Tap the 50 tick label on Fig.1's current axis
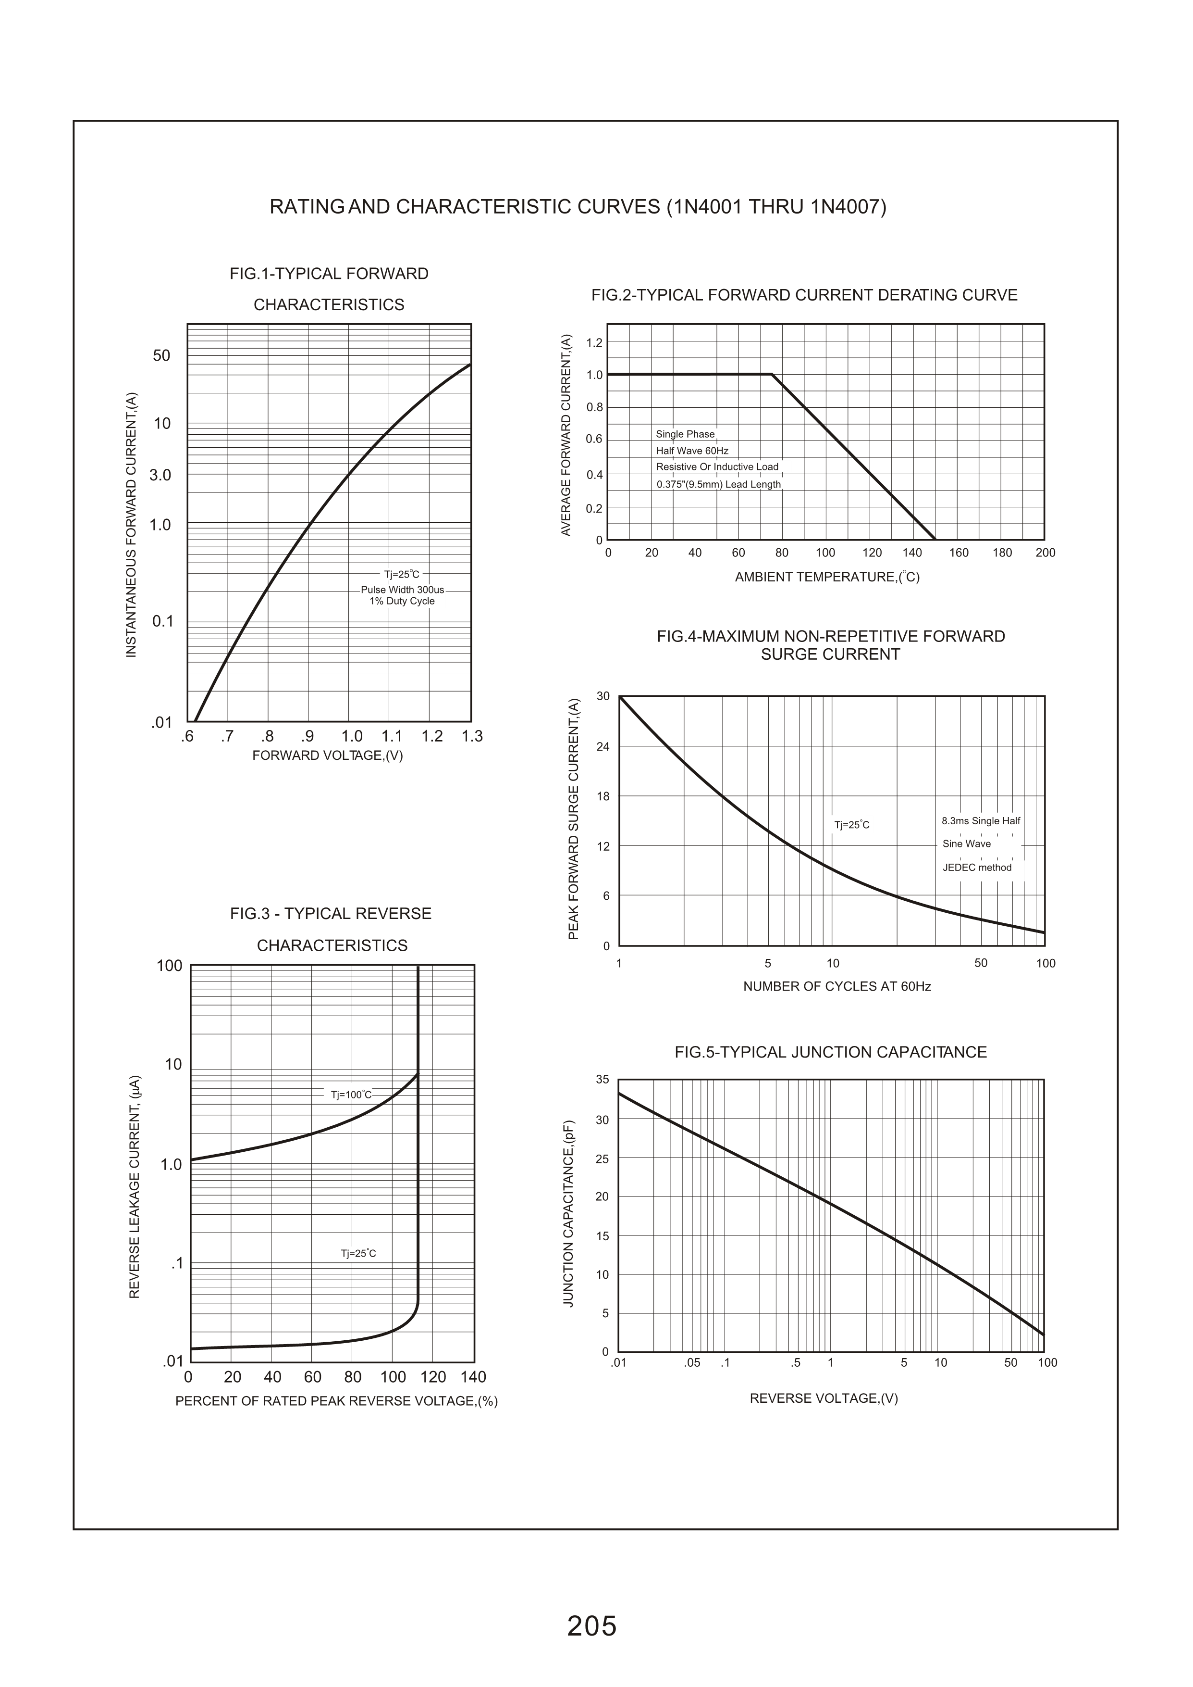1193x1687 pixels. (161, 356)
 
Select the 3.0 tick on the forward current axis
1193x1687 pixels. (160, 475)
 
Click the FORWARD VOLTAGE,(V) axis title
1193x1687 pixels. (328, 755)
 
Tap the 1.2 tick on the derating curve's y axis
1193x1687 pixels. (594, 342)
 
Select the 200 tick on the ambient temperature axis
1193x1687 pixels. (1045, 553)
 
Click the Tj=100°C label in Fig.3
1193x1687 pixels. (351, 1095)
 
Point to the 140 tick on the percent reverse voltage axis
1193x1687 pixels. (473, 1377)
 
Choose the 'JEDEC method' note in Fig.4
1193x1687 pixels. (977, 868)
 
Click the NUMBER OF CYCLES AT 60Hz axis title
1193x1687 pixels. (836, 986)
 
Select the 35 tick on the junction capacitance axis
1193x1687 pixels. (603, 1080)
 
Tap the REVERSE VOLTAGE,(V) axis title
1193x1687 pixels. (824, 1398)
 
